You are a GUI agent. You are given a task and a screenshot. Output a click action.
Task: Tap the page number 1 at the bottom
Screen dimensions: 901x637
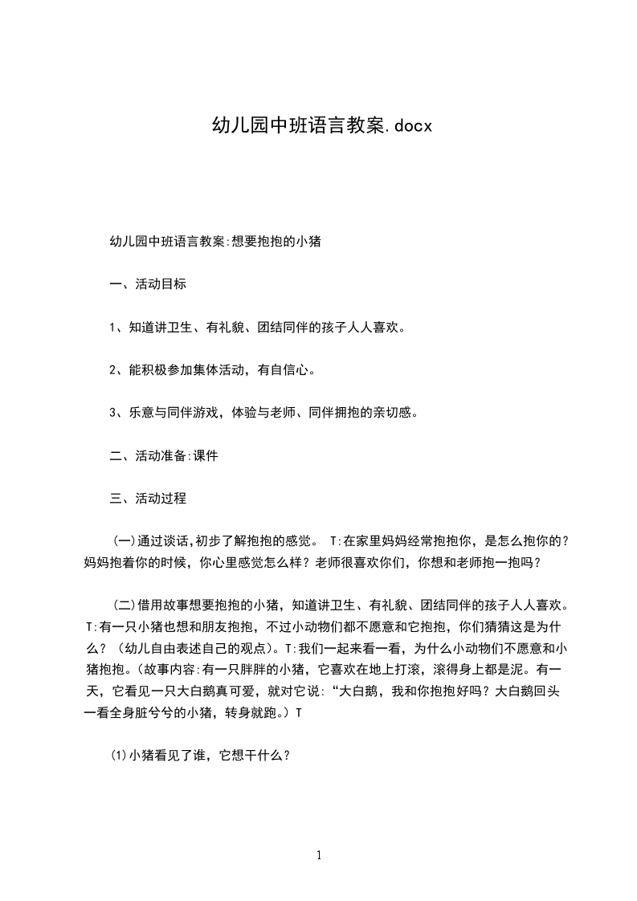319,855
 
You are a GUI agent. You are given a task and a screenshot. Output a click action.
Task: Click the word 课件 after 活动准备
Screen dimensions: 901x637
206,455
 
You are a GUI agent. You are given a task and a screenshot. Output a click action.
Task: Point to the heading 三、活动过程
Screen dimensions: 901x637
148,498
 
